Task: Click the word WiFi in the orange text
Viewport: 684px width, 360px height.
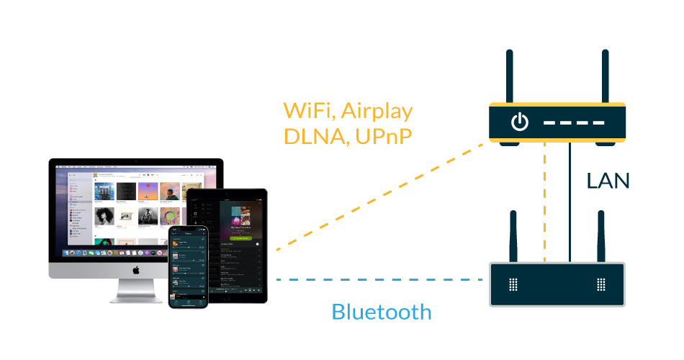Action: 309,111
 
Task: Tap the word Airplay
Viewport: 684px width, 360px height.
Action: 377,112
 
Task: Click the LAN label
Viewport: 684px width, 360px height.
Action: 608,181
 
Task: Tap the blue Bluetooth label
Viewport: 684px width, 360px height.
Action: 382,312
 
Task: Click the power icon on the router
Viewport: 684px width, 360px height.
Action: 519,122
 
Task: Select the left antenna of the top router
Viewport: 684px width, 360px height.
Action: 509,76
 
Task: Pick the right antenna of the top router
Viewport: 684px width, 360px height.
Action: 605,76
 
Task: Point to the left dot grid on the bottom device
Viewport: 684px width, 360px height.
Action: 513,284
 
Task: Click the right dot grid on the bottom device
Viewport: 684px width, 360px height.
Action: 601,284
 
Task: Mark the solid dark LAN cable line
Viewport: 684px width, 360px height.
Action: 570,202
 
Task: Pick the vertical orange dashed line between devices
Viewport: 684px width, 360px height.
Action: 546,202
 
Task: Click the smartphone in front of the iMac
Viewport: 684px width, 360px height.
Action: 187,266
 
